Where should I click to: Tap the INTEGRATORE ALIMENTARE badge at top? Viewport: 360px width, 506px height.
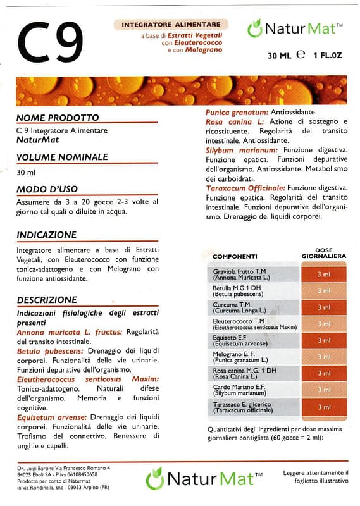(170, 24)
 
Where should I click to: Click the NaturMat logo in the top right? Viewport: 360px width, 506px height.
(295, 28)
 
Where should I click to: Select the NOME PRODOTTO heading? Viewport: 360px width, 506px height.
(58, 118)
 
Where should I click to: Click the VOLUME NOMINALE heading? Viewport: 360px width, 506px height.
(62, 157)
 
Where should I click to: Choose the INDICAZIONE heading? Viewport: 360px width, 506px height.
(47, 235)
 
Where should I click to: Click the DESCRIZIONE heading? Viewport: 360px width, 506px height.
(47, 299)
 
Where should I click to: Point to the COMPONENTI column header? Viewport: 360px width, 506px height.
(235, 256)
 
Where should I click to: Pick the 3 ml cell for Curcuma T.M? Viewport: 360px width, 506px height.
(324, 307)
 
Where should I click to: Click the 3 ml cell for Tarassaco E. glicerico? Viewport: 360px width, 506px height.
(324, 407)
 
